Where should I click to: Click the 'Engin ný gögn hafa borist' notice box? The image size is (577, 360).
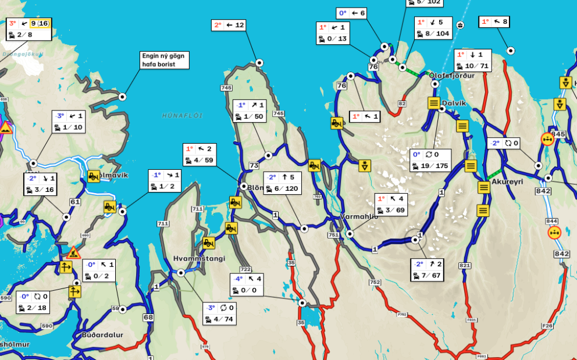tap(165, 60)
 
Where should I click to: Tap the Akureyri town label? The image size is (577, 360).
tap(507, 181)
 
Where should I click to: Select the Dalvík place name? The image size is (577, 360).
tap(454, 103)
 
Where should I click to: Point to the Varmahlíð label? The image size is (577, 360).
tap(359, 216)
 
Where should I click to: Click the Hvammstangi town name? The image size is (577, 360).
tap(199, 258)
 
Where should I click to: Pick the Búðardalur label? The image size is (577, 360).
tap(102, 334)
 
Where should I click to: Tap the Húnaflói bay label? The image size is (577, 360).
tap(182, 116)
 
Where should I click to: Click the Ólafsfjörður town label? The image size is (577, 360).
tap(451, 76)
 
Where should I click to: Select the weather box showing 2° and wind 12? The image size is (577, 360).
tap(229, 25)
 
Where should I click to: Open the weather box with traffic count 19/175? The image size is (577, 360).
tap(430, 161)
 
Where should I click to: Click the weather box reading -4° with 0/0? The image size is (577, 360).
tap(247, 284)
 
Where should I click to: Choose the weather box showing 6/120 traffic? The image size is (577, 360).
tap(282, 183)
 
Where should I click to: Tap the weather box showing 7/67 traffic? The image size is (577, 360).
tap(427, 270)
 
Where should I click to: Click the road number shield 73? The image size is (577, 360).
tap(254, 166)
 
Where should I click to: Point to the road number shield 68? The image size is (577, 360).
tap(148, 317)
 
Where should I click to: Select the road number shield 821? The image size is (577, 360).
tap(464, 265)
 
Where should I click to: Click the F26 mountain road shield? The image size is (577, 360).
tap(547, 326)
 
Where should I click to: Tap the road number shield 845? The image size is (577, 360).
tap(558, 134)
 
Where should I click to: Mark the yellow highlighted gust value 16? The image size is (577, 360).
tap(43, 23)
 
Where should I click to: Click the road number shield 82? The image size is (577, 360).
tap(402, 104)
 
